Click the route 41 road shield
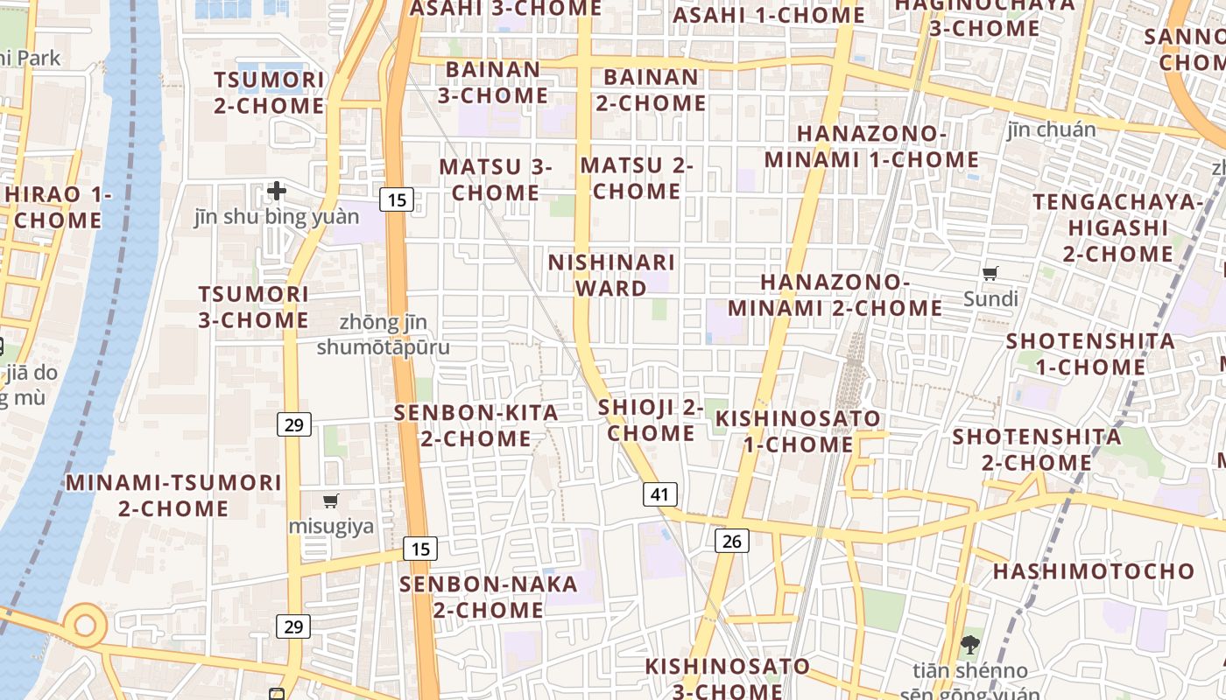coord(660,494)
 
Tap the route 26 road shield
coord(732,541)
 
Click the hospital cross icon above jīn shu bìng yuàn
coord(277,190)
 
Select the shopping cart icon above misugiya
coord(331,501)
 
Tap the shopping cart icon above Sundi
coord(990,274)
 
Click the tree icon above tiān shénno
coord(969,646)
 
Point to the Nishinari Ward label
coord(611,275)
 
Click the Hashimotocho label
coord(1093,571)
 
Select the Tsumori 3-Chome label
coord(253,306)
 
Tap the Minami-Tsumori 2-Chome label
coord(173,494)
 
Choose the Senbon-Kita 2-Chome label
coord(476,425)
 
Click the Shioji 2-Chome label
coord(651,420)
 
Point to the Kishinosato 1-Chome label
coord(798,430)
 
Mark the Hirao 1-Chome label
coord(58,206)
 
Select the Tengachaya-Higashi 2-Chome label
coord(1118,227)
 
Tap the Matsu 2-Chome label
coord(637,178)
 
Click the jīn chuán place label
coord(1051,129)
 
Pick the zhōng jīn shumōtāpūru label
coord(383,335)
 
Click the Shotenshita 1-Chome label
coord(1090,353)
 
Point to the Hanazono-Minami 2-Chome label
coord(835,295)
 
